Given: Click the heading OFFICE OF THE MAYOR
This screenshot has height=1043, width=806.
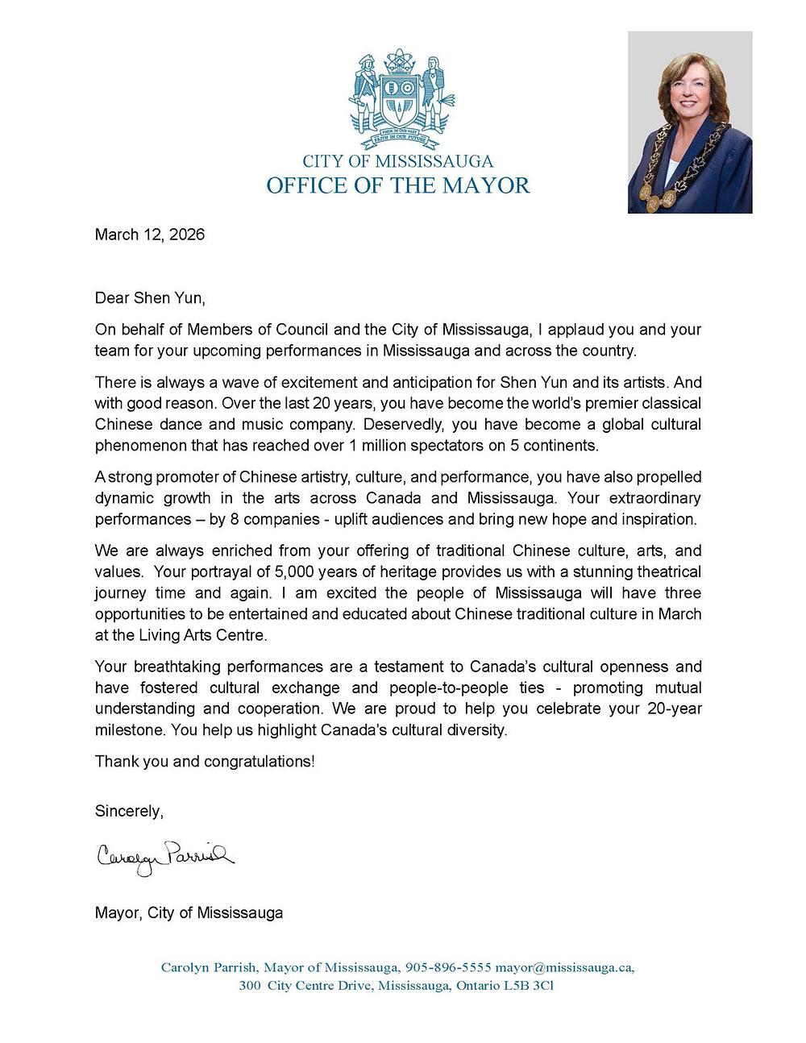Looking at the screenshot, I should [398, 185].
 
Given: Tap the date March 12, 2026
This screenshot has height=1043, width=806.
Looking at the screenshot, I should [150, 235].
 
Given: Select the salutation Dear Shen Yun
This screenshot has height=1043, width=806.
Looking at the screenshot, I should [150, 298].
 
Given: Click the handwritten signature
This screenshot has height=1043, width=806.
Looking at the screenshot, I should [165, 855].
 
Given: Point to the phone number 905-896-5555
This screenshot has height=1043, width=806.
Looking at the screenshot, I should [448, 967].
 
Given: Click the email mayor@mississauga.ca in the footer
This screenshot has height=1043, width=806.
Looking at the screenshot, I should [564, 967].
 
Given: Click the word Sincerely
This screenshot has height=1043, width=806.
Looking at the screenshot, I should [129, 811].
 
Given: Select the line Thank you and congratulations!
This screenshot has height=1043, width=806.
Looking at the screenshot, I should [205, 761].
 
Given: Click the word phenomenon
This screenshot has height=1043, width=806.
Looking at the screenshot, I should [136, 445].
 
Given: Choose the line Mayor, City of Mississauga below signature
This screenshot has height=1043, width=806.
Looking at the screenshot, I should [189, 912].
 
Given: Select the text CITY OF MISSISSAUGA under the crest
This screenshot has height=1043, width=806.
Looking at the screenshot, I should [398, 161].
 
